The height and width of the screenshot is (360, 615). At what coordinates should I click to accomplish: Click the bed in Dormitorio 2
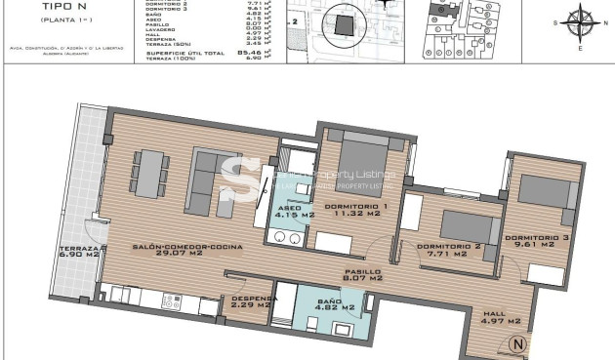click(462, 223)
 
